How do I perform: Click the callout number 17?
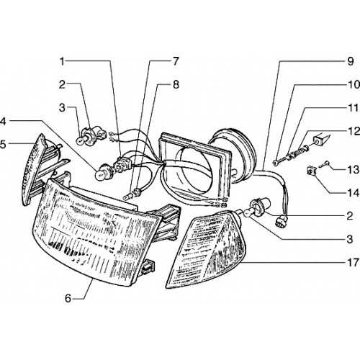point(353,262)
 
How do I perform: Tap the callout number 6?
point(68,299)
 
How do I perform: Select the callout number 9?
point(351,61)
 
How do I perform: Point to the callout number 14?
point(354,193)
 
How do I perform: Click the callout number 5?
point(2,145)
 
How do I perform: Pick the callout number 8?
point(176,84)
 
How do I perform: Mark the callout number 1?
point(63,62)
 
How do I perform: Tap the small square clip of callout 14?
point(312,171)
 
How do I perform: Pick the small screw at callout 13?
point(325,164)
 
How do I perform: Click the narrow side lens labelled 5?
point(35,171)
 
